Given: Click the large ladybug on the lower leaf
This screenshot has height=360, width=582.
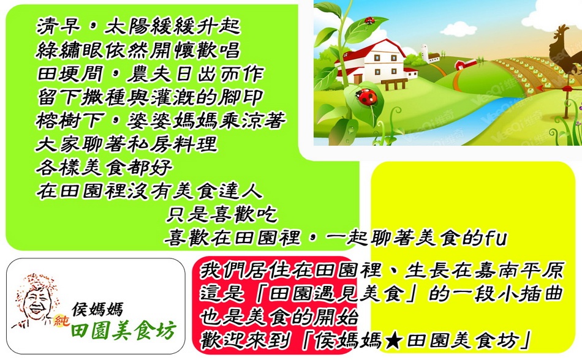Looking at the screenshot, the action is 366,97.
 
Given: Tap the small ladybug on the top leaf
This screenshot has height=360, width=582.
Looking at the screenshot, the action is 369,20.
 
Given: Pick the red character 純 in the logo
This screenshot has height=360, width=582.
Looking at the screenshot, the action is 61,320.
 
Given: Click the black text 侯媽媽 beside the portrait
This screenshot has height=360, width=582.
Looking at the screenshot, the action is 97,309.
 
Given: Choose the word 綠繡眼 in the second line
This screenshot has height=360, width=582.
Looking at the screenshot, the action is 69,50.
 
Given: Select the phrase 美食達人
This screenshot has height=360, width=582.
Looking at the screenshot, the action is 218,191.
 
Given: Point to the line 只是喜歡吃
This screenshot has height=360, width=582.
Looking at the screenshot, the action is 222,215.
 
